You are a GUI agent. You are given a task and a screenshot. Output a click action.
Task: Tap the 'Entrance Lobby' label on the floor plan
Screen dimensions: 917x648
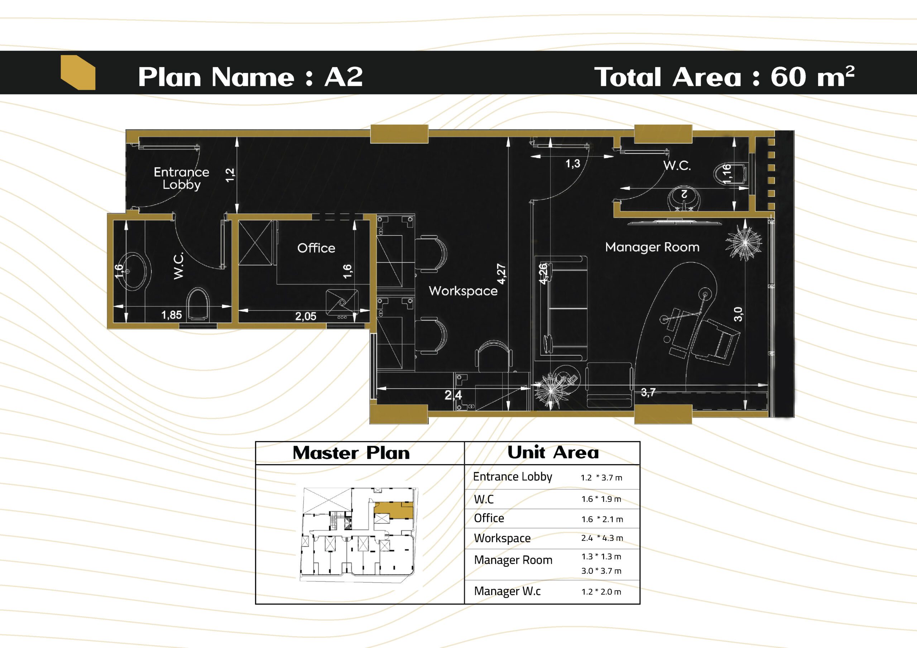[181, 178]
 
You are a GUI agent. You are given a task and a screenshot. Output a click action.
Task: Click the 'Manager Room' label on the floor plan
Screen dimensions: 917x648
[652, 247]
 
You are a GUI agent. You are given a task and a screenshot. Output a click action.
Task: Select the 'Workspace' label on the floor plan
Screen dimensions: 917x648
[463, 291]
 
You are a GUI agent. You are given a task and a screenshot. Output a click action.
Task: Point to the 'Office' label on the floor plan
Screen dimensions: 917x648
[316, 248]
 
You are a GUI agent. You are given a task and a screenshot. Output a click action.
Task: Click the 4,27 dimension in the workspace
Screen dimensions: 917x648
[501, 274]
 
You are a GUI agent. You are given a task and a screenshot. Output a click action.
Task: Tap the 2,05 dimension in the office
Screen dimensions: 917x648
[306, 316]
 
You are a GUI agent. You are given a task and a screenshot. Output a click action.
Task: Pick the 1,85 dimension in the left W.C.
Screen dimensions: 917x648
[171, 315]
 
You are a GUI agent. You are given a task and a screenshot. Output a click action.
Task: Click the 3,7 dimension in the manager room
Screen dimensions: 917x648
[648, 392]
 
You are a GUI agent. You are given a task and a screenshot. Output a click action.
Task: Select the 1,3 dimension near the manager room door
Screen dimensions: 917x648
[573, 163]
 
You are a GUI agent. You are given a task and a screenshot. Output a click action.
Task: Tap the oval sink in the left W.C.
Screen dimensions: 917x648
[134, 272]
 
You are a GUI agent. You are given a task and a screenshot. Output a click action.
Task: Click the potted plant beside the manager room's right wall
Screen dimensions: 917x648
[744, 243]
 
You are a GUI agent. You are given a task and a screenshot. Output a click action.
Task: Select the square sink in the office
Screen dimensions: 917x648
[342, 302]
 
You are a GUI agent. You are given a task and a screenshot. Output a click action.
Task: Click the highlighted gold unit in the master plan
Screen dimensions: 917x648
[393, 509]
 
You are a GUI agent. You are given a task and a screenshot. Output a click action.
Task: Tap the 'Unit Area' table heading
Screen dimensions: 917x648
[553, 453]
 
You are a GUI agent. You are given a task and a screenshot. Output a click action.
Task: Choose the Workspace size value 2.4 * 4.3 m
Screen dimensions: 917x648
[602, 538]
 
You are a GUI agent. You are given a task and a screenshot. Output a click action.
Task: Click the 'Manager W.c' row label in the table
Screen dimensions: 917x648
[507, 591]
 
